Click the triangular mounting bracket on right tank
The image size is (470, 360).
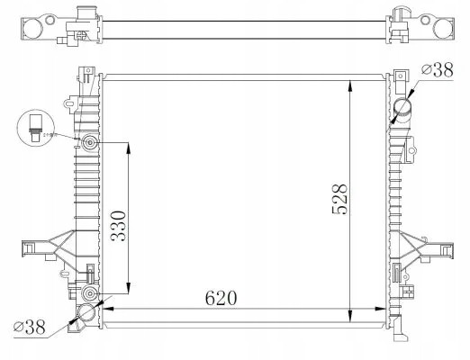click(421, 247)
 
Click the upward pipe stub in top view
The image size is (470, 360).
click(86, 12)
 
